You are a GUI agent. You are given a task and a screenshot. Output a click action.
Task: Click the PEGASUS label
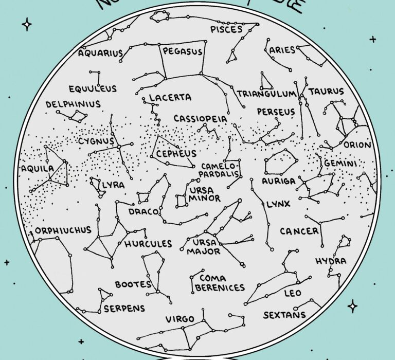(183, 51)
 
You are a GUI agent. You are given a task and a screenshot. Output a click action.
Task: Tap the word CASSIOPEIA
(200, 119)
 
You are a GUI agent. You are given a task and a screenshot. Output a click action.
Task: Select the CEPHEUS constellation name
(176, 154)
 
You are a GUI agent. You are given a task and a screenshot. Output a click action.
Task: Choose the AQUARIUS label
(101, 53)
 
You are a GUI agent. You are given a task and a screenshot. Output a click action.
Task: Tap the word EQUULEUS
(93, 88)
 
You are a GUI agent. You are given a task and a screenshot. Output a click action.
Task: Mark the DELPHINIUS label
(73, 104)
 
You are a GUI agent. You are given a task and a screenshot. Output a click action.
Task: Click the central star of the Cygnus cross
(118, 147)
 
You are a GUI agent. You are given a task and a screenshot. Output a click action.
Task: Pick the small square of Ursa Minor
(181, 201)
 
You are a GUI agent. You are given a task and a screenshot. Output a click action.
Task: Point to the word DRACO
(139, 211)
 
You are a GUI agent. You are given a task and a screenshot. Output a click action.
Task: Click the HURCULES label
(148, 244)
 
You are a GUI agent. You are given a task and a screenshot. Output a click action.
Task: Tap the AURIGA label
(279, 182)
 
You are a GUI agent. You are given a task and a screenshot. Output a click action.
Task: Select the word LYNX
(278, 205)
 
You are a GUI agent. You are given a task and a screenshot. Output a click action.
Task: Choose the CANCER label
(299, 231)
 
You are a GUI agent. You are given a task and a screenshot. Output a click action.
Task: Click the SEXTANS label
(284, 315)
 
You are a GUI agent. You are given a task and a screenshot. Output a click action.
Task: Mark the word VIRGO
(180, 319)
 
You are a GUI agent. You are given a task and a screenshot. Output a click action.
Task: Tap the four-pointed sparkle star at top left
(27, 25)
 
